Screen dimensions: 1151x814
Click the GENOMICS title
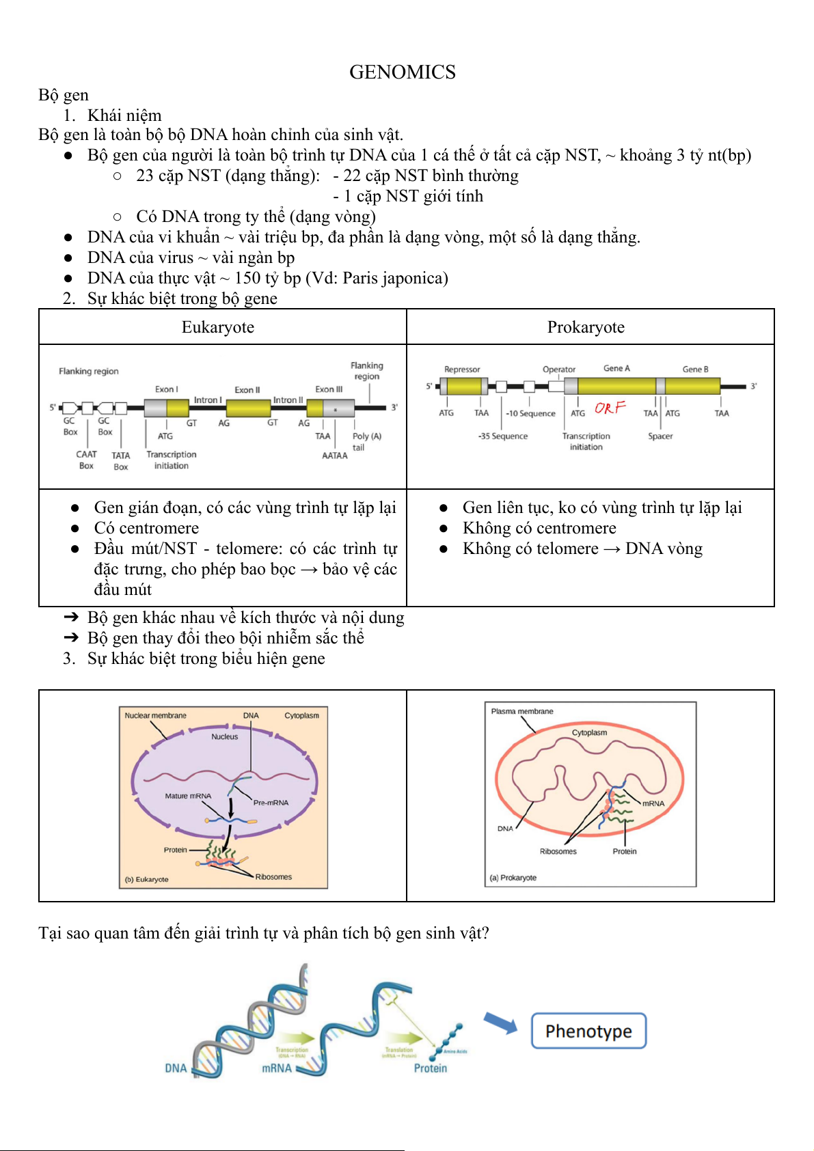click(x=402, y=72)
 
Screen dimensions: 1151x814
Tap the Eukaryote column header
click(x=217, y=327)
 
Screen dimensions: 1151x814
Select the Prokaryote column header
click(x=585, y=327)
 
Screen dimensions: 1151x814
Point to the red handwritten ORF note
click(x=610, y=408)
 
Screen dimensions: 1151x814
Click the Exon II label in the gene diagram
click(x=247, y=390)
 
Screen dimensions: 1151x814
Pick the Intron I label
click(x=207, y=400)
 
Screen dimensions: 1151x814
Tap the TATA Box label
click(x=121, y=461)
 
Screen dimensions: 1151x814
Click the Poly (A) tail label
click(x=366, y=441)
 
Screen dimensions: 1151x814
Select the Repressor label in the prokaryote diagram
click(x=462, y=370)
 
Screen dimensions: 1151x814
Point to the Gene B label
click(x=695, y=370)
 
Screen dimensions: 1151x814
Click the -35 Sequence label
click(x=502, y=436)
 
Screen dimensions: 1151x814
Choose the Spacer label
click(x=660, y=436)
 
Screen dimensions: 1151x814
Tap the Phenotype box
click(x=588, y=1031)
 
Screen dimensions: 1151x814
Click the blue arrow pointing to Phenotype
click(x=500, y=1023)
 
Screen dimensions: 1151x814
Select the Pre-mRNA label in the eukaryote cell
click(x=271, y=803)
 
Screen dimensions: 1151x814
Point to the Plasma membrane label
click(x=521, y=711)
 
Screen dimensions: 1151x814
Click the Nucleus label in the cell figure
click(x=224, y=736)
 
